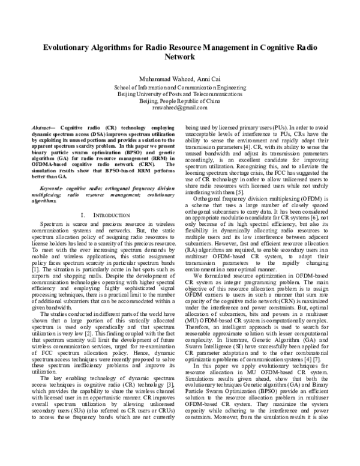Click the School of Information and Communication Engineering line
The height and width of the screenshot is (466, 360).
click(179, 88)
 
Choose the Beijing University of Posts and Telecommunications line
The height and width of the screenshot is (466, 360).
click(179, 95)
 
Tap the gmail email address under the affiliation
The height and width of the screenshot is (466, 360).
click(179, 109)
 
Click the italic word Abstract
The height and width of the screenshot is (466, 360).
click(40, 129)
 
